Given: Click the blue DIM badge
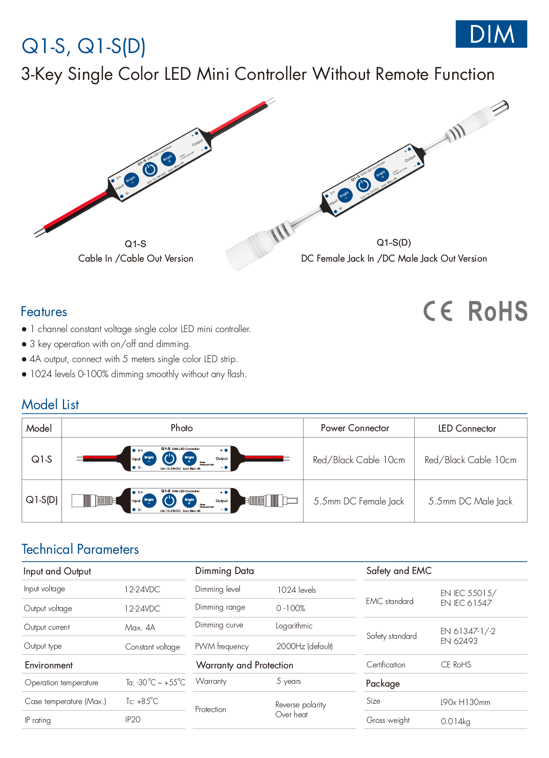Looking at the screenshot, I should (491, 34).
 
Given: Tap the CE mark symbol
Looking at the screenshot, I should (438, 311).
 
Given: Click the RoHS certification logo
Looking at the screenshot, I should (497, 311).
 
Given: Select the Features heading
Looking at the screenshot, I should (44, 312).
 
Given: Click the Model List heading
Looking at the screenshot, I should (50, 404).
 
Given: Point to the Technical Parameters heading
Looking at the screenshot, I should (80, 549).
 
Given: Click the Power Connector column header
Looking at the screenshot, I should (355, 428).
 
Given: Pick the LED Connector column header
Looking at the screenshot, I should (467, 428).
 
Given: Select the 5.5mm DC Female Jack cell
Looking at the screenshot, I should (358, 501).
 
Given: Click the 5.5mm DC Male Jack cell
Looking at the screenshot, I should (470, 501).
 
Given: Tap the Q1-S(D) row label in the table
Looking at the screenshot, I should (42, 500).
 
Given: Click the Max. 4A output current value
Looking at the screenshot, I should (140, 627).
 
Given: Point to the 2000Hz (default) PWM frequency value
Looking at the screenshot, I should (305, 646).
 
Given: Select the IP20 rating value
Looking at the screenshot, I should (133, 719).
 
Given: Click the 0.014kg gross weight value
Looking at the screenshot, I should (455, 721).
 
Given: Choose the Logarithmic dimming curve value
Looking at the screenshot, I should (294, 626).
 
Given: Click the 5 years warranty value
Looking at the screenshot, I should (289, 681).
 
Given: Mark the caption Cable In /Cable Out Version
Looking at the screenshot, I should (136, 258).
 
